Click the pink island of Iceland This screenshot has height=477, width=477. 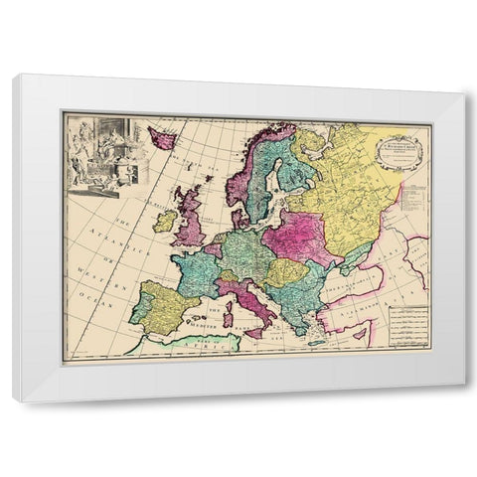click(162, 137)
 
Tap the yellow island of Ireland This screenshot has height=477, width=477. click(165, 221)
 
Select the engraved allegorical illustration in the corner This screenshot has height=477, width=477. click(99, 151)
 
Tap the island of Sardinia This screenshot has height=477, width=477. click(229, 318)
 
